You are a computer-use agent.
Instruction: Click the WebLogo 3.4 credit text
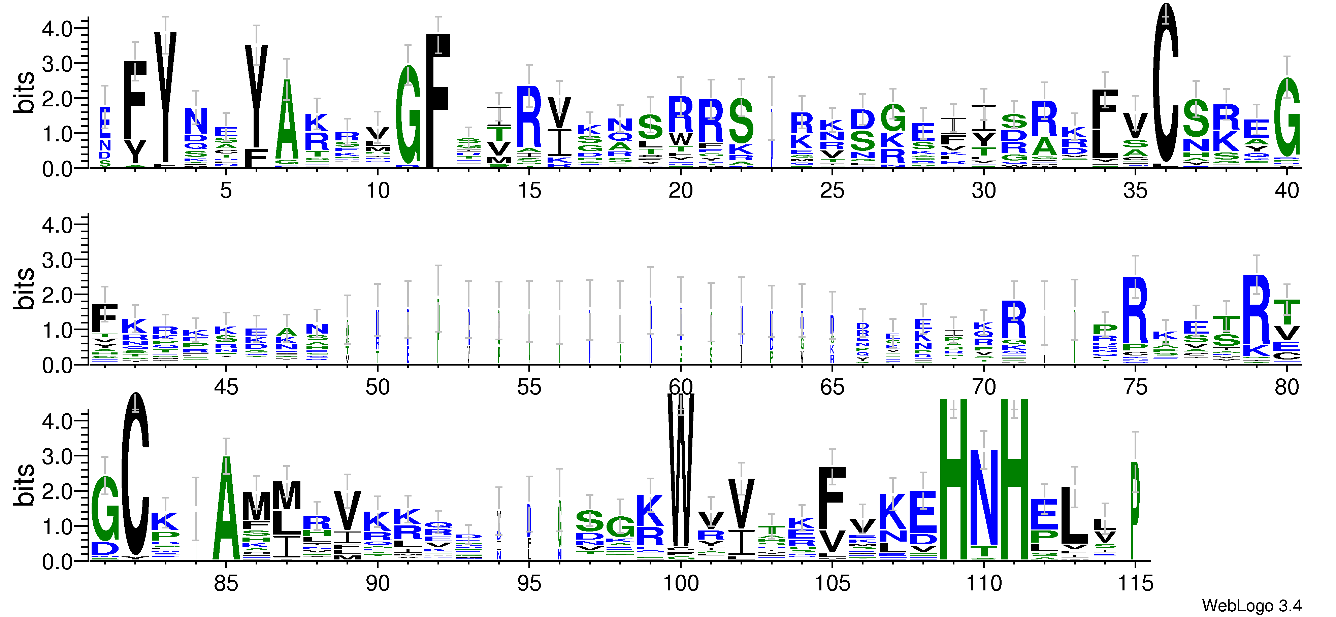tap(1251, 605)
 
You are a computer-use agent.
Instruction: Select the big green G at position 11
tap(408, 115)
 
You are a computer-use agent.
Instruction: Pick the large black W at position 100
tap(680, 472)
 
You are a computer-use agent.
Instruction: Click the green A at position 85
tap(226, 508)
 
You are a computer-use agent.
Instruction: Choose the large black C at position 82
tap(135, 474)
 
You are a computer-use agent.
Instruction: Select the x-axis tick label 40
tap(1287, 191)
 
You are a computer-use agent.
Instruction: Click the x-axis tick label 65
tap(832, 387)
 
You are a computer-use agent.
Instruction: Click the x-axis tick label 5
tap(226, 191)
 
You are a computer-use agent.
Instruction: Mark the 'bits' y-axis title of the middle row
tap(24, 289)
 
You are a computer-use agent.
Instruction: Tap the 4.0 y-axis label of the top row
tap(57, 29)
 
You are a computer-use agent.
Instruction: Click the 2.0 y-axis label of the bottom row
tap(57, 491)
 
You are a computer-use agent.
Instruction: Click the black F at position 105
tap(832, 498)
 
